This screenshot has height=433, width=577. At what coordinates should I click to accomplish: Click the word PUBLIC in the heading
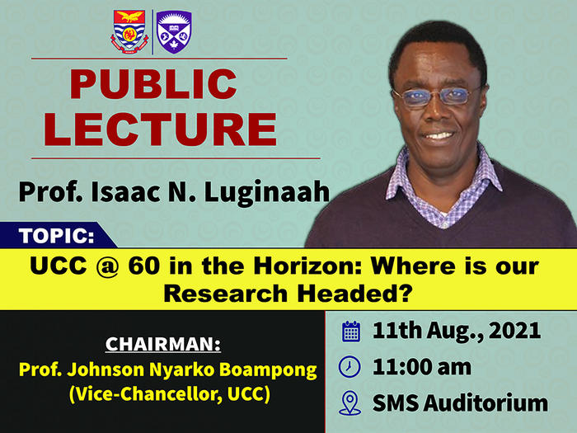(x=152, y=85)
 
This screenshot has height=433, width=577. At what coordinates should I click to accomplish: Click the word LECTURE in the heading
(x=160, y=129)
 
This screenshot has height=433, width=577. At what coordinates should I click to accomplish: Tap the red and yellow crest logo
(x=129, y=32)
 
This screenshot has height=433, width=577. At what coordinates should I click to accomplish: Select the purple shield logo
(x=174, y=32)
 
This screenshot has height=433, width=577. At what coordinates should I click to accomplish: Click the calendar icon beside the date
(x=351, y=332)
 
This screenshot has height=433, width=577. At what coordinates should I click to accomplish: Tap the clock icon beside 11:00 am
(x=351, y=366)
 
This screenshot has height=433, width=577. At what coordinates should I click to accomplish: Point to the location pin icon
(x=351, y=403)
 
